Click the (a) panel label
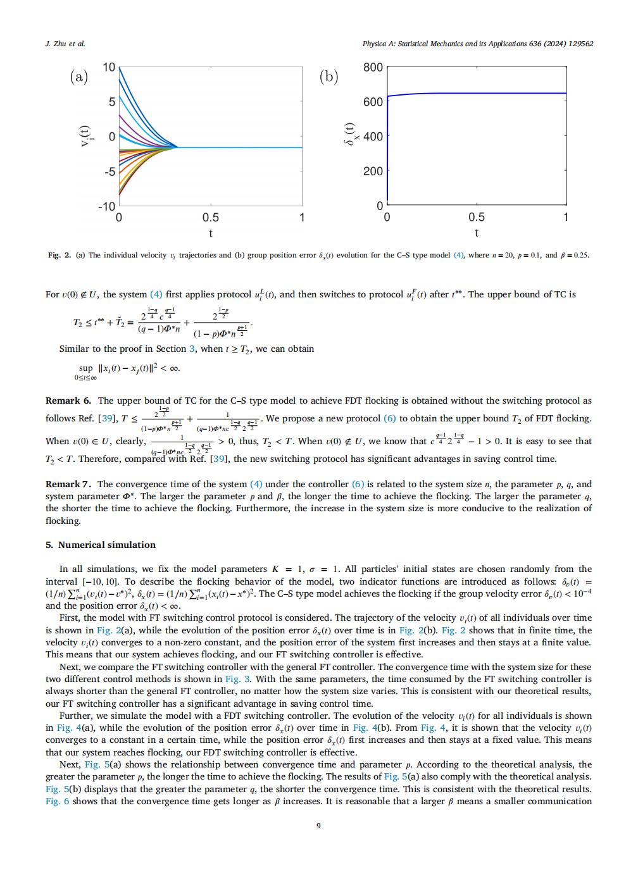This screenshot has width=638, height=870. [78, 77]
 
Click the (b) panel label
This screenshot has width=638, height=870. [328, 77]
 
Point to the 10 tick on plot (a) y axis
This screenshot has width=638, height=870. [109, 67]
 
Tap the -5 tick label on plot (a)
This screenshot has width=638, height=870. [109, 171]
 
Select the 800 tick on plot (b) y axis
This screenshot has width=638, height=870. [373, 67]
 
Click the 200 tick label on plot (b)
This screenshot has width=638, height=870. [373, 171]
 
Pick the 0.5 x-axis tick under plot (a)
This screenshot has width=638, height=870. [211, 218]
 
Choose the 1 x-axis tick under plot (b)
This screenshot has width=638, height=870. [566, 218]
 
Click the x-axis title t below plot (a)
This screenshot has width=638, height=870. [211, 233]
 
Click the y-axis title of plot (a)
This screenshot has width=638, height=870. [84, 136]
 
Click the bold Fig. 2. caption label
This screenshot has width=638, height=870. [59, 256]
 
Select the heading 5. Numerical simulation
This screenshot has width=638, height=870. [101, 545]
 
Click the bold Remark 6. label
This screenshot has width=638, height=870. [68, 401]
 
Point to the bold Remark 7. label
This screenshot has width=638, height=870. [69, 484]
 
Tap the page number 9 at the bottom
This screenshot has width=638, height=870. [318, 825]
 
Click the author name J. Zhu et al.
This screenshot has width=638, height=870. [66, 44]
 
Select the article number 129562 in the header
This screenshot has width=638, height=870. [577, 44]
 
